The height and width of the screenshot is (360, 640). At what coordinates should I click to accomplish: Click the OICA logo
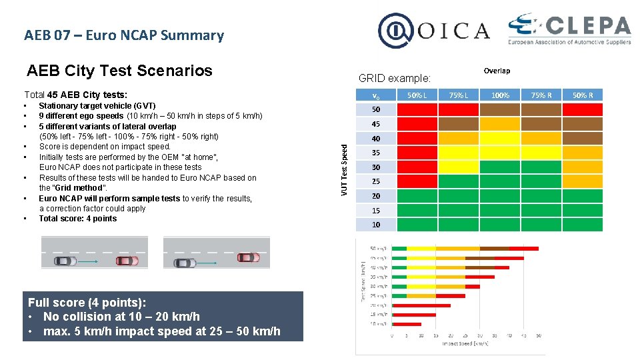[x=434, y=31]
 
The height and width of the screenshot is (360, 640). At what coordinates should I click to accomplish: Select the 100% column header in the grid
[x=499, y=95]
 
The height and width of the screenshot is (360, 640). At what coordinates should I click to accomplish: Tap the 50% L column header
[x=417, y=95]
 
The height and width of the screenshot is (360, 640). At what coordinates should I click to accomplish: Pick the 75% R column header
[x=541, y=95]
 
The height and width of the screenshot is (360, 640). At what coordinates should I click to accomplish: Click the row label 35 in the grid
[x=376, y=153]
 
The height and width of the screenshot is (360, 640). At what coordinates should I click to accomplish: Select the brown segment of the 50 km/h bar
[x=494, y=249]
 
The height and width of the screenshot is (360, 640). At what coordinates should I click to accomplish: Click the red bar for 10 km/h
[x=407, y=324]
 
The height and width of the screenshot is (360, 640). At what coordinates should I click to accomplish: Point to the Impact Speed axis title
[x=465, y=344]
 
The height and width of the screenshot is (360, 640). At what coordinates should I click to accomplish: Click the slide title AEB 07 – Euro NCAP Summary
[x=124, y=35]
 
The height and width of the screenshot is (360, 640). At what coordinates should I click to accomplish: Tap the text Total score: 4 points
[x=77, y=219]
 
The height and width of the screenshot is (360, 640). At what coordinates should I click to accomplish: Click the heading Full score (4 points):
[x=87, y=303]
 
